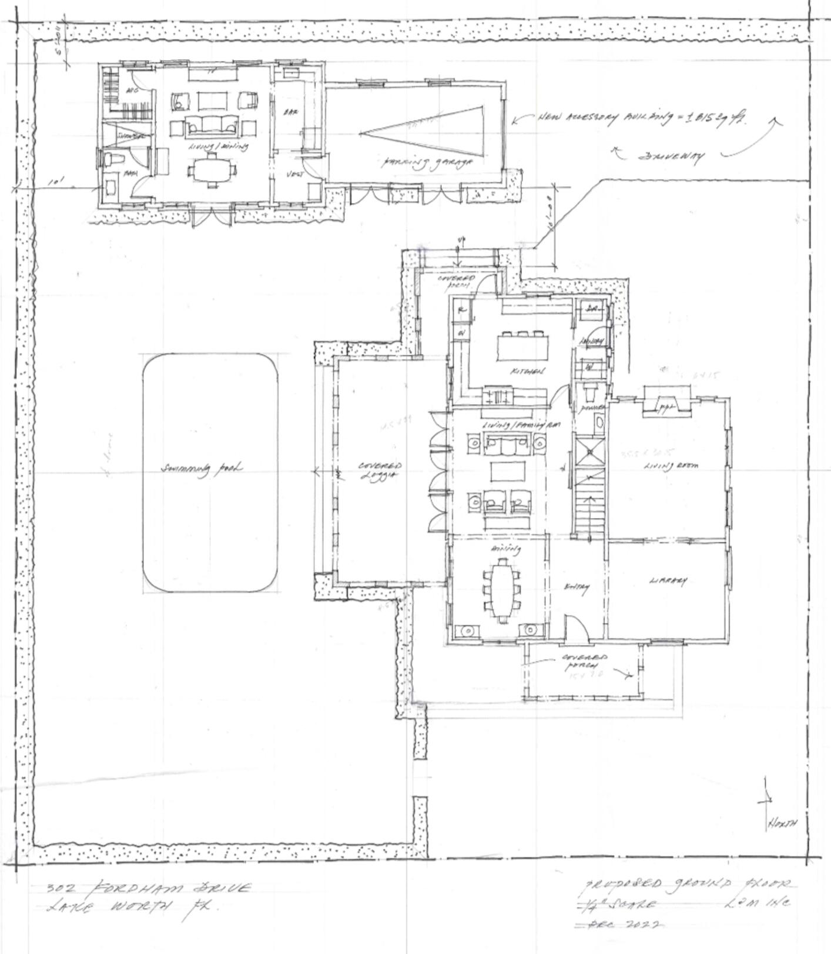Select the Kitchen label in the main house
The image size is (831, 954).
tap(528, 372)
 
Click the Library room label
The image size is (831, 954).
tap(668, 581)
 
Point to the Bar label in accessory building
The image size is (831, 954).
tap(290, 112)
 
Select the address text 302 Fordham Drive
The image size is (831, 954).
tap(149, 888)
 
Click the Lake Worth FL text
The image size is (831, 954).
tap(135, 908)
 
